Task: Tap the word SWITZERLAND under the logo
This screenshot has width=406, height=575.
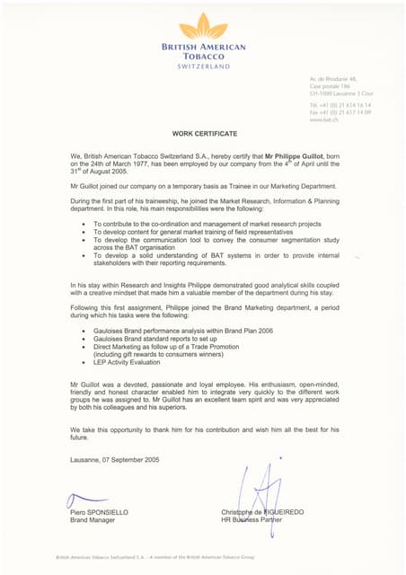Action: coord(203,66)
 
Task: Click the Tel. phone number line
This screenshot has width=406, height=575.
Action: coord(340,105)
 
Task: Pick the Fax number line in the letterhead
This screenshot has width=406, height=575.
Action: coord(340,111)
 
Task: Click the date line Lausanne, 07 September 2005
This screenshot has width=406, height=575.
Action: coord(114,460)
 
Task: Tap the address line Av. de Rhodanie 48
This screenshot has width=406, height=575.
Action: coord(333,80)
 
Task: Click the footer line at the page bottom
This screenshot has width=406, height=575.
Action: coord(154,557)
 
